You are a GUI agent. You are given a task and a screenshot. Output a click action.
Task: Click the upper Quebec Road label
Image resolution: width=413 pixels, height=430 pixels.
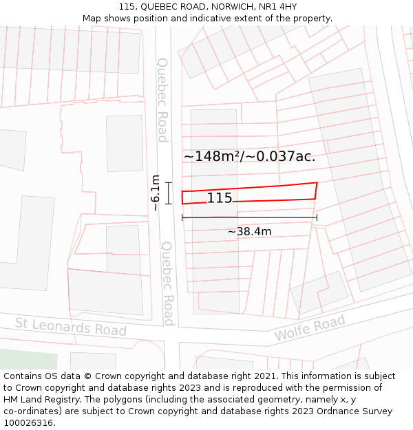162,100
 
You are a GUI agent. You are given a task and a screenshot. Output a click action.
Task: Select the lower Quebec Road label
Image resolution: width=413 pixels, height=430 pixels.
167,283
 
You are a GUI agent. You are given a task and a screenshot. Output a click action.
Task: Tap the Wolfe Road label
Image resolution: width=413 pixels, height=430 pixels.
309,328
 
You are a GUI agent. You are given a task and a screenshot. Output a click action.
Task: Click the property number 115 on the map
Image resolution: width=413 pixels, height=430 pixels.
220,199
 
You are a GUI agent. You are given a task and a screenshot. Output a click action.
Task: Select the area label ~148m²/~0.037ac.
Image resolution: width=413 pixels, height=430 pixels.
249,156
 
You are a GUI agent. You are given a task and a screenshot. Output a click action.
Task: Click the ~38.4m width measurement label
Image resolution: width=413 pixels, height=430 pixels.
249,232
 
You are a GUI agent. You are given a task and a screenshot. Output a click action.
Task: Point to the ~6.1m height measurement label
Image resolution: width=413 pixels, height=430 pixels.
155,193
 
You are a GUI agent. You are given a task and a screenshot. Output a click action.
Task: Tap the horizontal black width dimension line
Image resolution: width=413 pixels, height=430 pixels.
249,218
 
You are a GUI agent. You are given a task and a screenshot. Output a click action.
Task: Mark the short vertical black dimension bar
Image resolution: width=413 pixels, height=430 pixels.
168,193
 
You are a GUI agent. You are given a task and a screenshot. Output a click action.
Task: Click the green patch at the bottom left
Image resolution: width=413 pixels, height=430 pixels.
28,359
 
